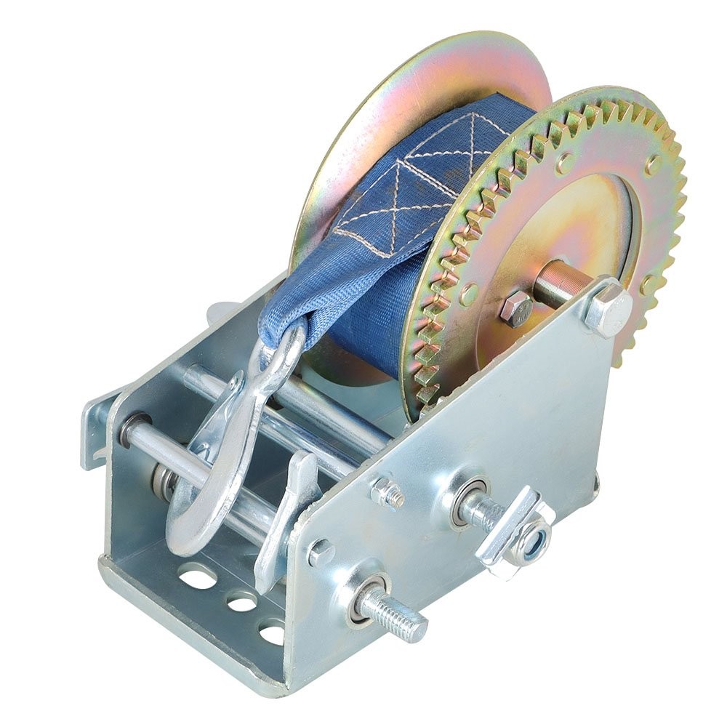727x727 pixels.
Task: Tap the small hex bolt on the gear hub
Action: (517, 309)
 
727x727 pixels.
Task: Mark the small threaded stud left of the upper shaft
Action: (389, 494)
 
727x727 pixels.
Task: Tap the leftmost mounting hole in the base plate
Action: (193, 578)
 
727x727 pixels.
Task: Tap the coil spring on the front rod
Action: (164, 480)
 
